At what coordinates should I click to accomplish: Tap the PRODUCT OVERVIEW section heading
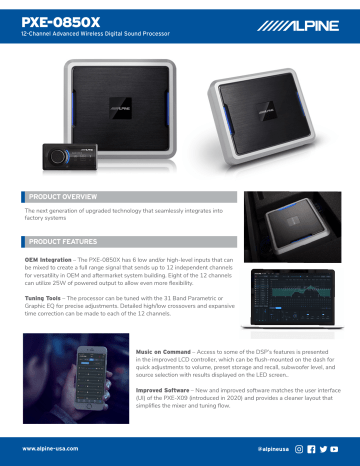64,198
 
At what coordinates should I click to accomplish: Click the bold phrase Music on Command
163,351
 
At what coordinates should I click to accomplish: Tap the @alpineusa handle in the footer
273,450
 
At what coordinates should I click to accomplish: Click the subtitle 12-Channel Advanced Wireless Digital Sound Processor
85,34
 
